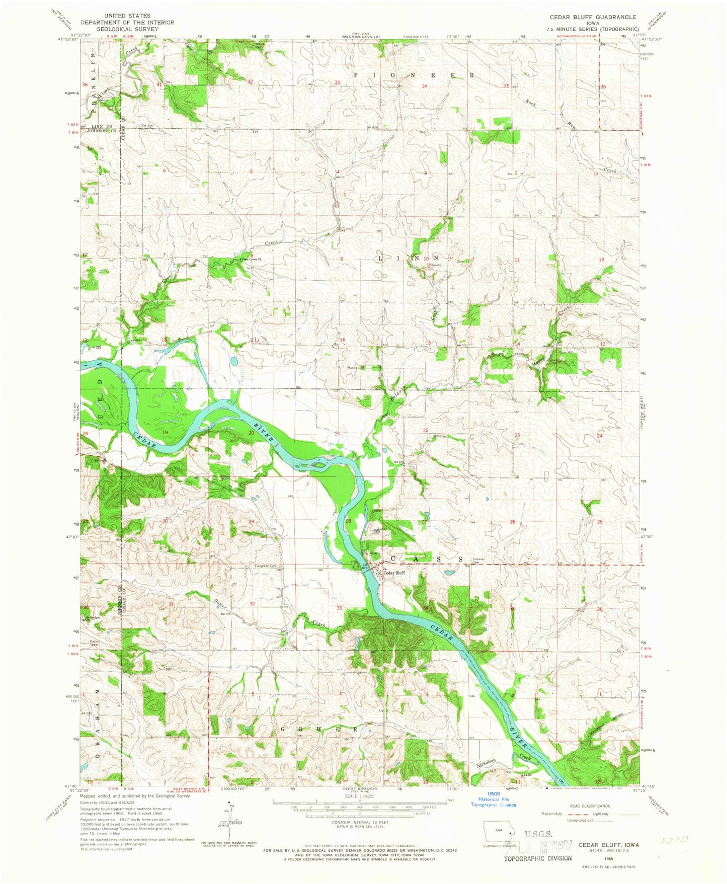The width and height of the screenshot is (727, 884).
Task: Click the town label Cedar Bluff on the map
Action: (394, 573)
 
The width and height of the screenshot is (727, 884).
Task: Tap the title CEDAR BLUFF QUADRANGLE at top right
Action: (593, 17)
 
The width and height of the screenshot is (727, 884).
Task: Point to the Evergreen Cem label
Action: (266, 566)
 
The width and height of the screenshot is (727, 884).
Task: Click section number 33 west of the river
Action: (339, 608)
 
